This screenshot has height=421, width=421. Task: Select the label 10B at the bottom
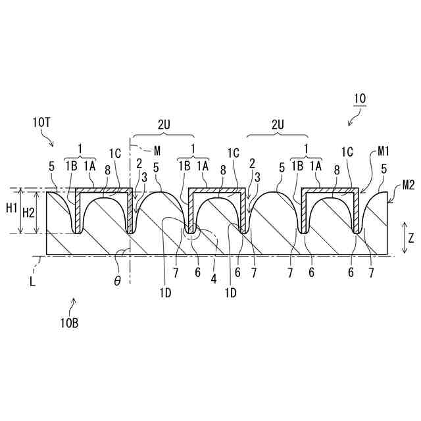69,322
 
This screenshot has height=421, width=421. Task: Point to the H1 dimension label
11,208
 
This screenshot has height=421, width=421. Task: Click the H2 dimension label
29,212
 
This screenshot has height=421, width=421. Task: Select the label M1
384,151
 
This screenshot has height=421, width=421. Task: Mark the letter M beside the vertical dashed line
156,149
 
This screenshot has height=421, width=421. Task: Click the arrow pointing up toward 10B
73,304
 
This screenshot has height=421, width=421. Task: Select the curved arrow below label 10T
49,138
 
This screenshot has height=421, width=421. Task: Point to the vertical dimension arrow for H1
20,212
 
